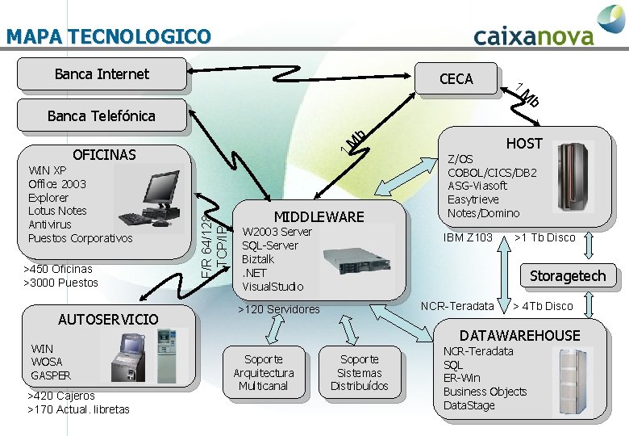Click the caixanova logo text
(534, 36)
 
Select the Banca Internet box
(102, 74)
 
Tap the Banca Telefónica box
(102, 115)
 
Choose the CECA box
(456, 78)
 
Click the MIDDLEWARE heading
(319, 216)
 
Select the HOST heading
(524, 144)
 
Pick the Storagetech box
(567, 275)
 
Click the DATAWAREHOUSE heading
(519, 335)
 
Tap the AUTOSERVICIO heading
(108, 319)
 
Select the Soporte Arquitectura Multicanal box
(264, 372)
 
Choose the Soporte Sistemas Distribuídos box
(359, 372)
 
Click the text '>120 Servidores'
(279, 309)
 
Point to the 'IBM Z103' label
(468, 237)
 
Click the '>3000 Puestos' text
(61, 283)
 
